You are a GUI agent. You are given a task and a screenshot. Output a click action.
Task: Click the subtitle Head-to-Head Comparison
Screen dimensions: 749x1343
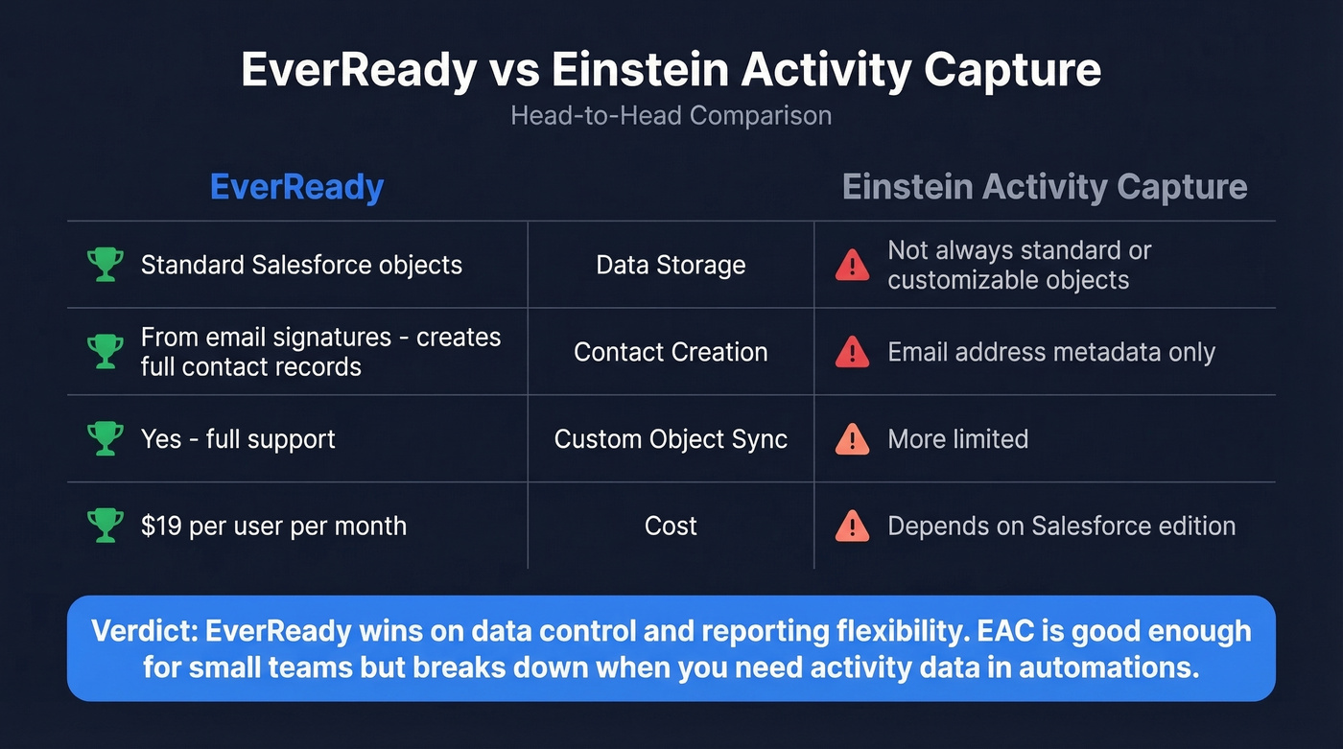tap(671, 116)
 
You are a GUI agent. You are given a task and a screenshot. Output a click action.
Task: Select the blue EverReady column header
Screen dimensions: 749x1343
tap(296, 187)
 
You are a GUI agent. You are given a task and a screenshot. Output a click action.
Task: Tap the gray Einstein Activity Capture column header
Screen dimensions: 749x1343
tap(1045, 187)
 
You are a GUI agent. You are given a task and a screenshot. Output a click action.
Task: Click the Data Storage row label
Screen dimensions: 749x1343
tap(671, 265)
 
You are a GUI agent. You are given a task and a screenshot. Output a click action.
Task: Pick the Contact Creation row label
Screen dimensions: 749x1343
tap(671, 352)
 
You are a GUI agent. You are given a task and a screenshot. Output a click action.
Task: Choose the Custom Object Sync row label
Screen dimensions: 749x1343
tap(671, 439)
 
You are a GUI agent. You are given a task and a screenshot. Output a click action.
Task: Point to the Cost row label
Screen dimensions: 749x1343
tap(671, 526)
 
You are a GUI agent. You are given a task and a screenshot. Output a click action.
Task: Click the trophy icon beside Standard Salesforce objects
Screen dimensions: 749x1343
tap(105, 265)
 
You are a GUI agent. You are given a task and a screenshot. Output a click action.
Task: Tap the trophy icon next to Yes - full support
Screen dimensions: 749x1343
tap(105, 439)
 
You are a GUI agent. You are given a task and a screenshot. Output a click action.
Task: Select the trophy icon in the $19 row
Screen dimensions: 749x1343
tap(105, 526)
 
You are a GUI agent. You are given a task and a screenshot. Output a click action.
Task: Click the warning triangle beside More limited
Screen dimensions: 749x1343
tap(852, 440)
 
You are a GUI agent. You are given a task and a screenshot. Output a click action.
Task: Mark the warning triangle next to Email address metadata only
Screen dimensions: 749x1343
tap(852, 353)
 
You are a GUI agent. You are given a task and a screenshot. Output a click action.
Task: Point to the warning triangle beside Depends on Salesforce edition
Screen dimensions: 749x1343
tap(852, 527)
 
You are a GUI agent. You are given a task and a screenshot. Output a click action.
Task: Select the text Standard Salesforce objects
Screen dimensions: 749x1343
tap(301, 265)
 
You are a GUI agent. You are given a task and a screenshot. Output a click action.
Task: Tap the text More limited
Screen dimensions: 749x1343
tap(957, 439)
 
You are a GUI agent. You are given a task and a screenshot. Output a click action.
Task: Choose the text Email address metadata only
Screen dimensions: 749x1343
tap(1050, 352)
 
